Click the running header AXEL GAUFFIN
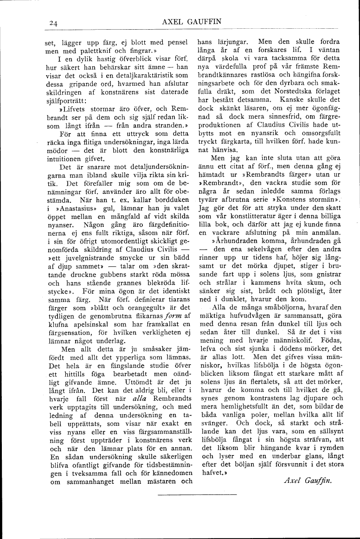coord(192,21)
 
